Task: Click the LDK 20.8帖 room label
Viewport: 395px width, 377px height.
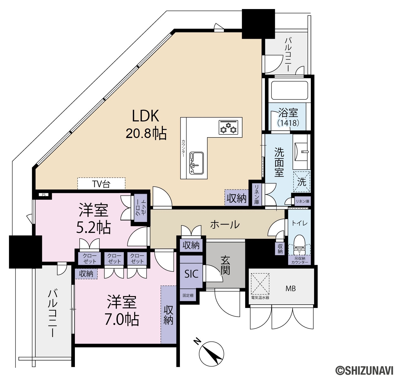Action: pyautogui.click(x=146, y=124)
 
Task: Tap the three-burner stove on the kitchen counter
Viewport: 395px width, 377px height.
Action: pyautogui.click(x=228, y=127)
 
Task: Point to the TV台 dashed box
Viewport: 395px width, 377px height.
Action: pyautogui.click(x=101, y=183)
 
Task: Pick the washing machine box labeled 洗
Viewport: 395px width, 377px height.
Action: pyautogui.click(x=302, y=181)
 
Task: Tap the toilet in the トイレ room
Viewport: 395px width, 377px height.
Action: pyautogui.click(x=299, y=244)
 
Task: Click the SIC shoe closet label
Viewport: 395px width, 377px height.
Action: pyautogui.click(x=191, y=274)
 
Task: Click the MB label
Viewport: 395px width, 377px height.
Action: pyautogui.click(x=290, y=289)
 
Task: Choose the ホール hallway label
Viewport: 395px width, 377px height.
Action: pyautogui.click(x=225, y=224)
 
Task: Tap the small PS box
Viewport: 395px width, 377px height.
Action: pyautogui.click(x=43, y=195)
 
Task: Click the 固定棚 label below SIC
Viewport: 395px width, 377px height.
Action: pyautogui.click(x=188, y=296)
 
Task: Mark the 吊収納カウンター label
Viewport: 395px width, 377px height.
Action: pyautogui.click(x=300, y=260)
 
